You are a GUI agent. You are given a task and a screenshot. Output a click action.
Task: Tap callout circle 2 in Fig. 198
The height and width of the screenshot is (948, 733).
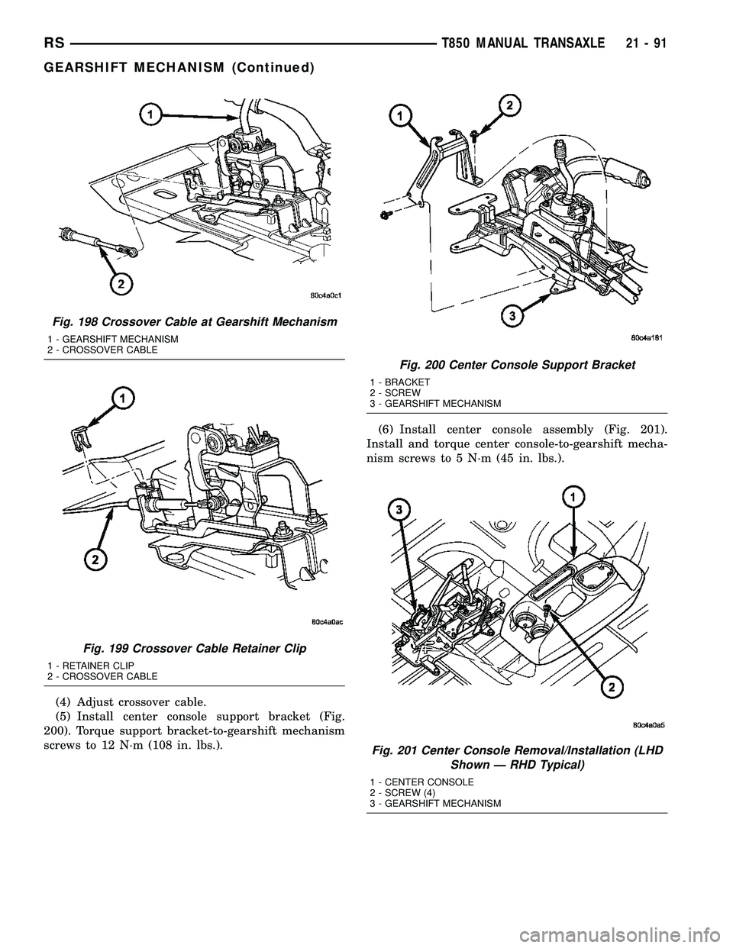coord(119,285)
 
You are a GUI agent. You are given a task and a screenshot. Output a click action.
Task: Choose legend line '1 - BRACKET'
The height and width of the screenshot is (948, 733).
coord(399,381)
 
